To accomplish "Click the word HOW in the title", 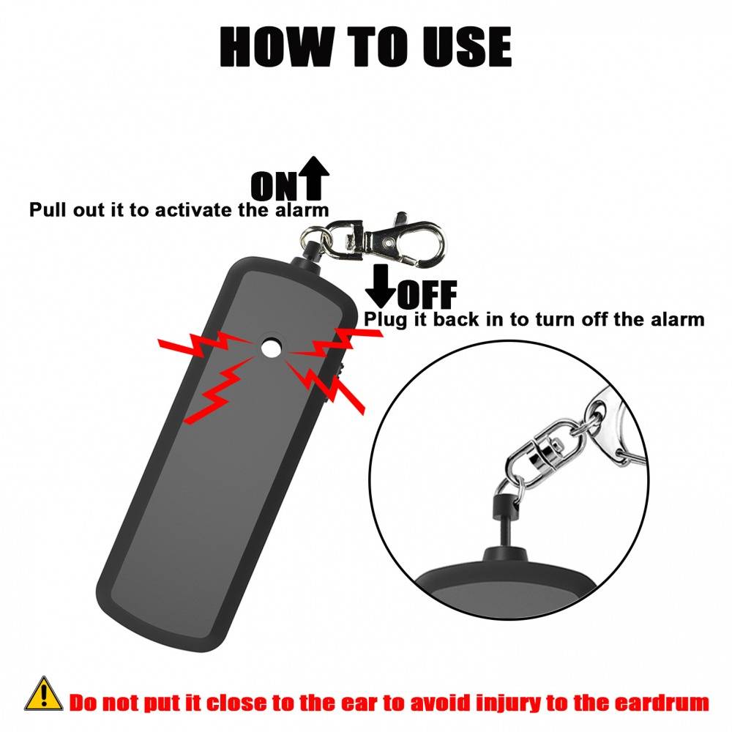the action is coord(277,47).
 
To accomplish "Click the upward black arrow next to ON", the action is coord(313,178).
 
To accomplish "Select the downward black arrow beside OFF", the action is coord(381,286).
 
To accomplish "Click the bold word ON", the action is coord(274,186).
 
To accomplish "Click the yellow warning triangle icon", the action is coord(43,694).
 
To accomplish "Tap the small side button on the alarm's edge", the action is coord(340,370).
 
